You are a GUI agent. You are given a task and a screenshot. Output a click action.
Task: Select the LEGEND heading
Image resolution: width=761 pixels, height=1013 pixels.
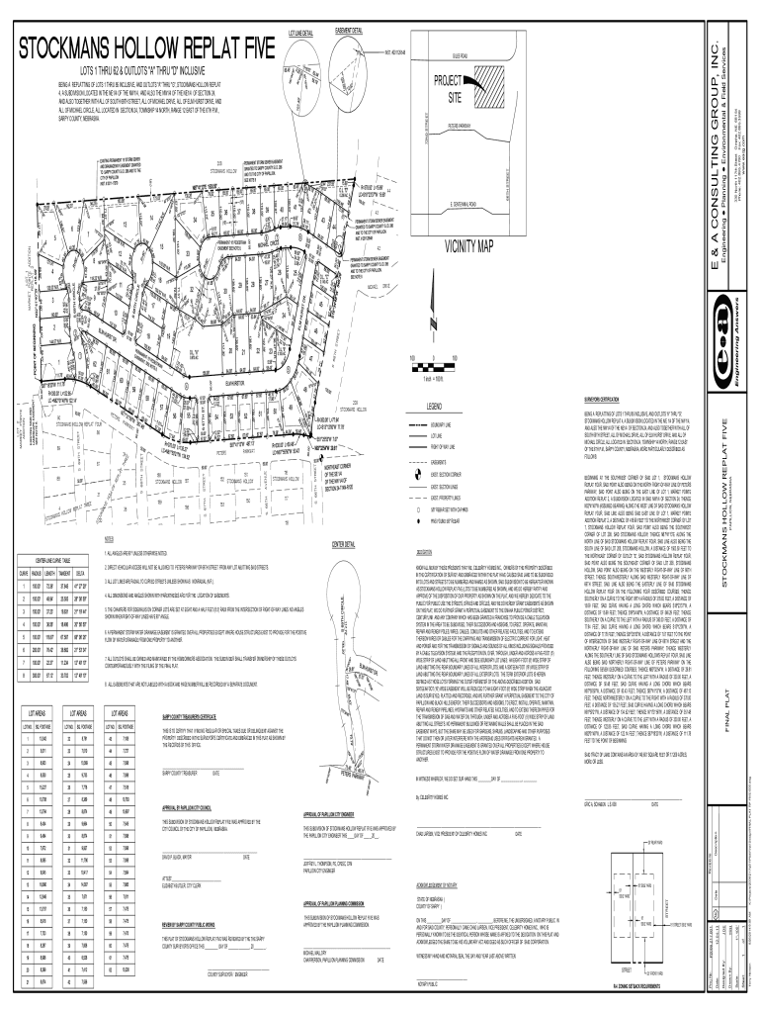click(x=436, y=407)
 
